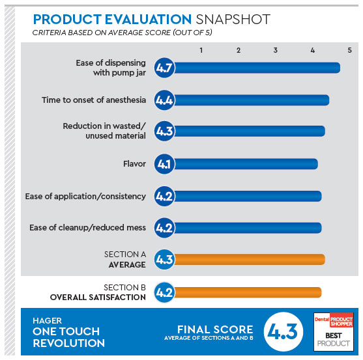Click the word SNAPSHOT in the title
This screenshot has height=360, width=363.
click(x=233, y=19)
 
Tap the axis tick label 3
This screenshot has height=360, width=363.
click(x=275, y=50)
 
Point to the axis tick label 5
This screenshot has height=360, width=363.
click(x=349, y=50)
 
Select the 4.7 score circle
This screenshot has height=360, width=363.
click(x=164, y=68)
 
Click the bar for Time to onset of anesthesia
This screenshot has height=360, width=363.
click(x=252, y=100)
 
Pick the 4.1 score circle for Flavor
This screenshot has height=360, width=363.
click(x=164, y=164)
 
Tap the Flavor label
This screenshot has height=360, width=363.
click(x=134, y=164)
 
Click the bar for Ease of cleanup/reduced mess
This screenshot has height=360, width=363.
click(x=248, y=228)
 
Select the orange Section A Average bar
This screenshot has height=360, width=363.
click(x=250, y=260)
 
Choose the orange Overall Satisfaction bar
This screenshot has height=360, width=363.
click(x=248, y=292)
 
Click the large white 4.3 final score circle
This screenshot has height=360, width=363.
click(x=283, y=331)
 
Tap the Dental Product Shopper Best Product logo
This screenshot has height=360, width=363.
click(x=334, y=332)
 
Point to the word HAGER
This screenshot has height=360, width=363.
click(x=47, y=321)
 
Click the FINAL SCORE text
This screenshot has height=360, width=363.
click(x=215, y=329)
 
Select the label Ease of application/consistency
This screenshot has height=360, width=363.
click(x=85, y=197)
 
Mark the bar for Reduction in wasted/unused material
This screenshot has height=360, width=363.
click(x=250, y=131)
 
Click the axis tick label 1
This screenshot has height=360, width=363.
click(x=201, y=50)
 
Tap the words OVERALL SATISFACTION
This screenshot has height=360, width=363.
click(x=98, y=298)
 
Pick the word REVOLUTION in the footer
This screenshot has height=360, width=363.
click(x=69, y=343)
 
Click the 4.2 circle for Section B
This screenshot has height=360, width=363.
click(x=164, y=292)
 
